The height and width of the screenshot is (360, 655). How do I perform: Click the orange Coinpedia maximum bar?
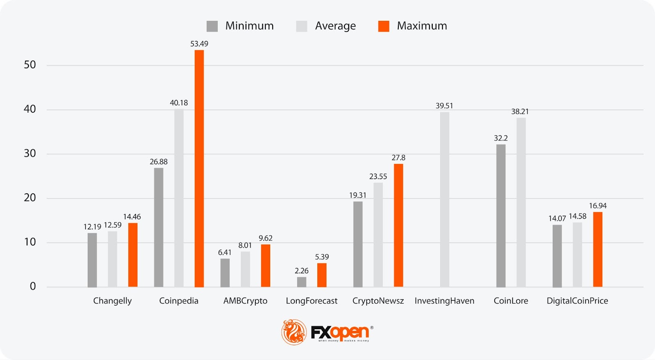point(199,168)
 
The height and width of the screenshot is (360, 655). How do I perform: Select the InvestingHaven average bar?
point(445,199)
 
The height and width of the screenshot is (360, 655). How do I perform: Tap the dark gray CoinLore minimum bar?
point(501,215)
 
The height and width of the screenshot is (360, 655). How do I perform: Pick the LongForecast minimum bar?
point(302,282)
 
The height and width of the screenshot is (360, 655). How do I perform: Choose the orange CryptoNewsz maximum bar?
point(398,225)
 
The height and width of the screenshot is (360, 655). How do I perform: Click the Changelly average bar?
point(113,259)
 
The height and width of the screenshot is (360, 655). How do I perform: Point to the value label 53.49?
point(199,44)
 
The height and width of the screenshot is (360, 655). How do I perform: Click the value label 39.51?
point(444,106)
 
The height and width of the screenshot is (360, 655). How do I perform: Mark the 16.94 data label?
point(598,206)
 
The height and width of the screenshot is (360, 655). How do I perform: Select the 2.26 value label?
point(302,271)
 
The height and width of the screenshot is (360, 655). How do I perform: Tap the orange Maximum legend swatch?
point(384,26)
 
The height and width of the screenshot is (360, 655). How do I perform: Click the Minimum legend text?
point(249,26)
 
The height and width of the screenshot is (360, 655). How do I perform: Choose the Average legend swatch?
point(302,26)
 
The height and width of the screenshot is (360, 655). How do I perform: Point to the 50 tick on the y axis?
point(30,65)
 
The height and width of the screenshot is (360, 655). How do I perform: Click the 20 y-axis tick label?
point(30,198)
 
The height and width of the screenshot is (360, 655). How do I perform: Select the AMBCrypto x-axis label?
point(245,301)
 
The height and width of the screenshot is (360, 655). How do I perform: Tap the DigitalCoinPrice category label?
point(577,301)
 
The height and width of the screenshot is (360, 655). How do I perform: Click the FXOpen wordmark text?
point(340,332)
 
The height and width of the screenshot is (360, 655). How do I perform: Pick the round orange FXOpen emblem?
point(294,332)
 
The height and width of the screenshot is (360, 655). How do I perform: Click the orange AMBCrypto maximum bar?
point(266,265)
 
